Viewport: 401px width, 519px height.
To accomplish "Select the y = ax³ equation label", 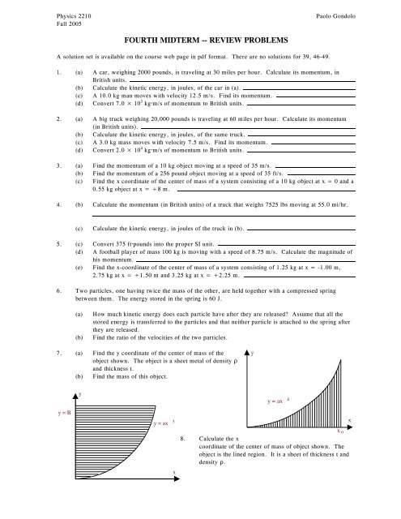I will tap(165, 423).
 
